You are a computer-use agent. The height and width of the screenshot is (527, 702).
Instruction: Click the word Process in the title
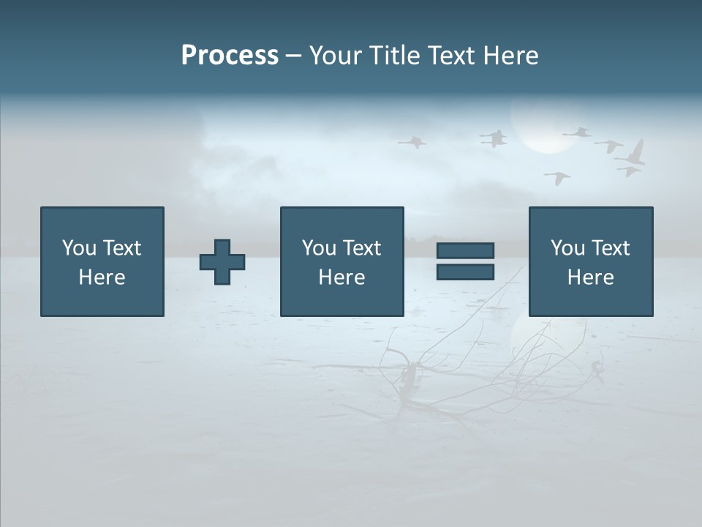(230, 55)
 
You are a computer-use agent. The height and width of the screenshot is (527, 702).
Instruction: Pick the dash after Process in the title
(293, 56)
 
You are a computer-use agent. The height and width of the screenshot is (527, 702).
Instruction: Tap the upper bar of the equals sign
(465, 251)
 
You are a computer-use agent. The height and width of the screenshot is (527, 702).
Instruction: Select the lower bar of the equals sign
(465, 272)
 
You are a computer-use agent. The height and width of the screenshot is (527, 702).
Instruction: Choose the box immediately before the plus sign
(102, 261)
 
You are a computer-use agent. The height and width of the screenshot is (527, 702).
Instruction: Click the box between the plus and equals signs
(341, 261)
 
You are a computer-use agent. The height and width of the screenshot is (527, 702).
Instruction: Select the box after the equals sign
(590, 261)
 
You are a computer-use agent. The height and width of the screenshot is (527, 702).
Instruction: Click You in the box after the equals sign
(567, 248)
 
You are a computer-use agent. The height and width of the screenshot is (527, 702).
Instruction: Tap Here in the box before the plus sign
(102, 277)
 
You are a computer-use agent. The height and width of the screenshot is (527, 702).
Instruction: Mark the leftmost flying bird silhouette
(412, 141)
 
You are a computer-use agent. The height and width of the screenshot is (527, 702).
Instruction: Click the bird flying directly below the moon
(557, 178)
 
